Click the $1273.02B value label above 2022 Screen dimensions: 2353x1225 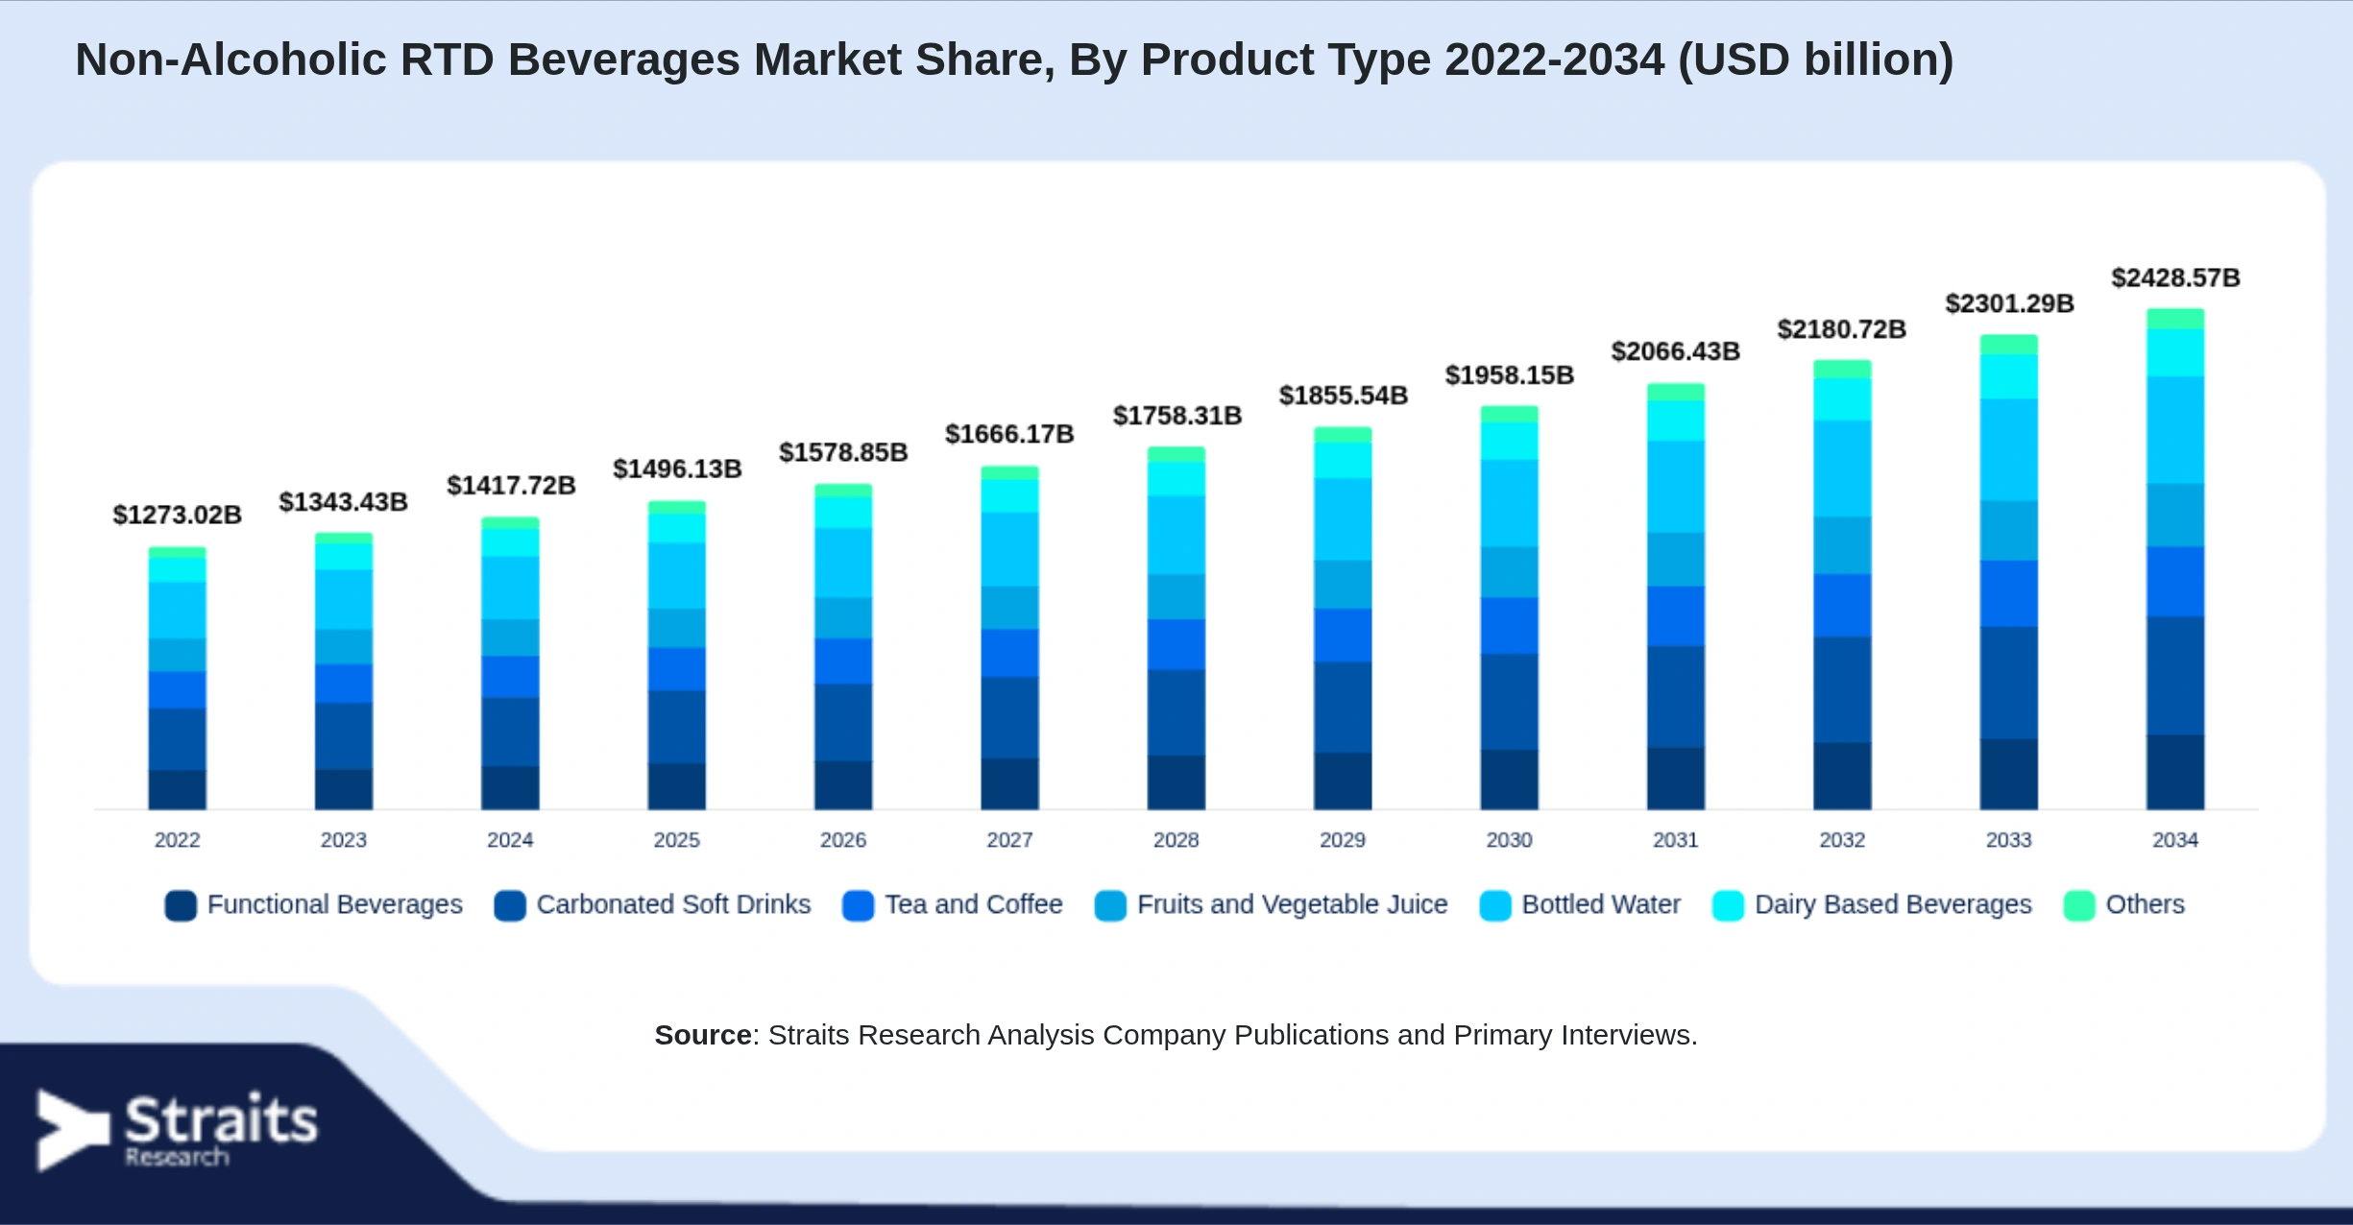click(x=178, y=515)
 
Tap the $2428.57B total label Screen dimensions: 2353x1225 click(x=2175, y=277)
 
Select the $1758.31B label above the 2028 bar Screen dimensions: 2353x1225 click(x=1177, y=416)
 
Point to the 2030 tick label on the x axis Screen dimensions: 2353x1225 click(x=1509, y=840)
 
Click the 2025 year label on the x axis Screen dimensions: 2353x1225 click(x=677, y=840)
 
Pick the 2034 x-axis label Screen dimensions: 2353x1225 click(x=2175, y=840)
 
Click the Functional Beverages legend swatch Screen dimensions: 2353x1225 click(x=181, y=905)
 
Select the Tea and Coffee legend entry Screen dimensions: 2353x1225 click(x=953, y=905)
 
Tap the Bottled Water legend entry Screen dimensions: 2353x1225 click(x=1580, y=905)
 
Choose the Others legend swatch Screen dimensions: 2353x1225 click(x=2079, y=905)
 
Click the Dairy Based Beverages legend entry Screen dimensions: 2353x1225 click(x=1872, y=905)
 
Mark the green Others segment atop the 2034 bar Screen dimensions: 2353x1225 click(x=2175, y=319)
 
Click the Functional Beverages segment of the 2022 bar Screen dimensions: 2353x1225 click(x=178, y=790)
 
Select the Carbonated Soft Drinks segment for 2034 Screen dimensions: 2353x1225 click(x=2175, y=676)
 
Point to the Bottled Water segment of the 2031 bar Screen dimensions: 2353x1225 click(x=1676, y=487)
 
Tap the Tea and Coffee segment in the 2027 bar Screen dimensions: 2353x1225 click(x=1009, y=654)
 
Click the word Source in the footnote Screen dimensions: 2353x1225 click(x=703, y=1035)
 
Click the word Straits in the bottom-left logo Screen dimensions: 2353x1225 click(x=221, y=1119)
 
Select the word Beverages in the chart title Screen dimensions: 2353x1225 click(x=624, y=60)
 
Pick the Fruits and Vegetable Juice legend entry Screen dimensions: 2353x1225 click(x=1271, y=905)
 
